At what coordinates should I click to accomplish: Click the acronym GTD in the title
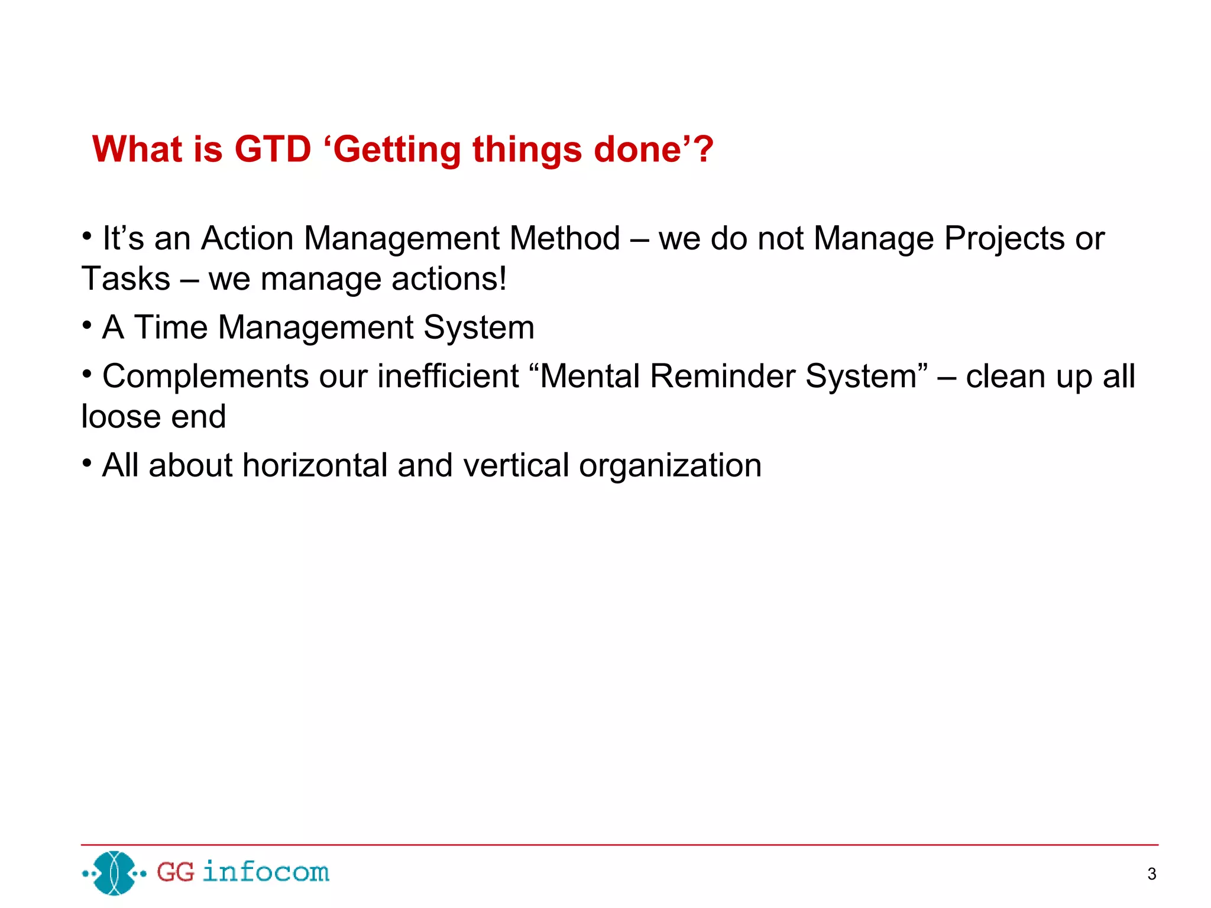point(273,149)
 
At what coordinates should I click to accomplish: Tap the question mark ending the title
point(704,149)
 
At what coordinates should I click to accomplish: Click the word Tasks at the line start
point(126,278)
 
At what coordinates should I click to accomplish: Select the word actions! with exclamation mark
point(449,279)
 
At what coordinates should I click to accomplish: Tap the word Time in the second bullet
point(171,327)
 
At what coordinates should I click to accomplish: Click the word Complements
point(205,377)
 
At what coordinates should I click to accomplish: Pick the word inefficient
point(448,376)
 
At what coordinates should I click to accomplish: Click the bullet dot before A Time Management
point(87,325)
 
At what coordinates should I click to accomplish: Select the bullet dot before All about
point(87,463)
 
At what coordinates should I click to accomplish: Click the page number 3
point(1151,874)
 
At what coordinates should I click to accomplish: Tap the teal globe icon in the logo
point(115,873)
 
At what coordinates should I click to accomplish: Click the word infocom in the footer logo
point(265,873)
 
